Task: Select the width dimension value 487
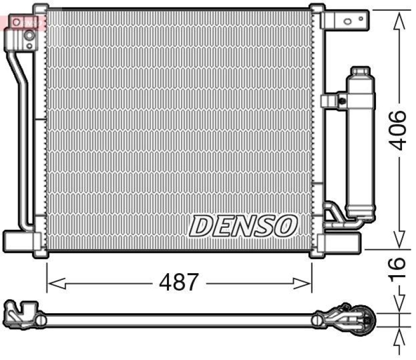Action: [179, 282]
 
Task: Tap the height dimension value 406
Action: [398, 130]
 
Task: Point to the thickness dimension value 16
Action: [398, 270]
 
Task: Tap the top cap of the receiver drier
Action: [360, 72]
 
